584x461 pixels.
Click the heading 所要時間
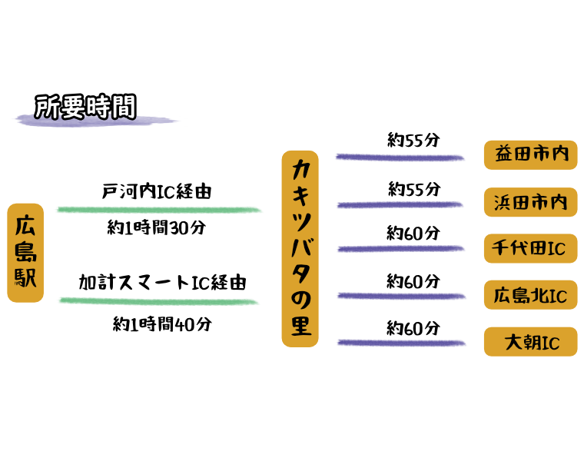pos(85,107)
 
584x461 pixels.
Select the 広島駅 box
pos(25,252)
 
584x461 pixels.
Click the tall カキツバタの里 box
pos(300,248)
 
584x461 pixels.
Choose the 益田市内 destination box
pos(530,154)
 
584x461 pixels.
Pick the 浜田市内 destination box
pos(530,202)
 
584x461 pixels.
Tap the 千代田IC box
pos(530,248)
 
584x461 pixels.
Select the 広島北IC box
pos(530,295)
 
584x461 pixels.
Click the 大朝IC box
pos(530,342)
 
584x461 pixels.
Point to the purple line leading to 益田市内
pos(400,158)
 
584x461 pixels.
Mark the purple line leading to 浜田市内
pos(400,205)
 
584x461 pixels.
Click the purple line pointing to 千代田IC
pos(400,249)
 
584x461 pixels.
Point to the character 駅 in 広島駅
pos(25,277)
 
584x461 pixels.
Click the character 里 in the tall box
pos(300,326)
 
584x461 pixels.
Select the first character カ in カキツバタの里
pos(300,168)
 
